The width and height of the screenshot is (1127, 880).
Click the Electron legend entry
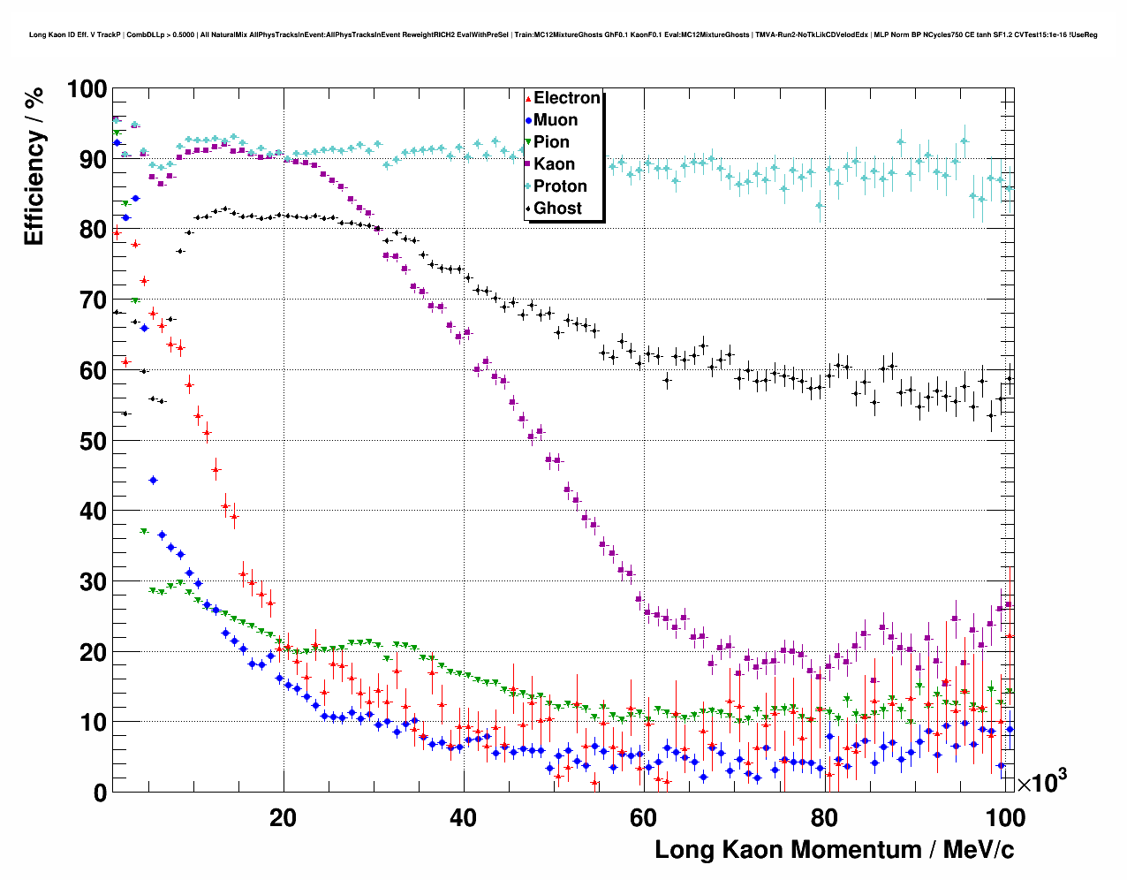tap(566, 98)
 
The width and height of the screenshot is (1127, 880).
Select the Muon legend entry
tap(556, 120)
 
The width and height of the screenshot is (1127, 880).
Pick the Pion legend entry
tap(551, 142)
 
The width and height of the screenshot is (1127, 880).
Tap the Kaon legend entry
tap(554, 164)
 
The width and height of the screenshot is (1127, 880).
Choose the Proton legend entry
tap(560, 186)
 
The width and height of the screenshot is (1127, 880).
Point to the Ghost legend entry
tap(557, 209)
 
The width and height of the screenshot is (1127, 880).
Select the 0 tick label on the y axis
tap(100, 793)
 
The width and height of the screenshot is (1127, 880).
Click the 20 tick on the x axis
tap(283, 817)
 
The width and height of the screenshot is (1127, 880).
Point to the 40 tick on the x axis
tap(463, 817)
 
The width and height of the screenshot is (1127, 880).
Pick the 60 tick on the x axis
tap(643, 817)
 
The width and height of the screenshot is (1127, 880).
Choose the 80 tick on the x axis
tap(823, 817)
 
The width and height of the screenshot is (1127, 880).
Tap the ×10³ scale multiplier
tap(1041, 782)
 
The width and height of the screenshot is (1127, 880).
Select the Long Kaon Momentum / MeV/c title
tap(834, 850)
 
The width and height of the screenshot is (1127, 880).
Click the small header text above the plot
tap(563, 34)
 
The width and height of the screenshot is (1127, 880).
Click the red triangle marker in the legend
tap(528, 99)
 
